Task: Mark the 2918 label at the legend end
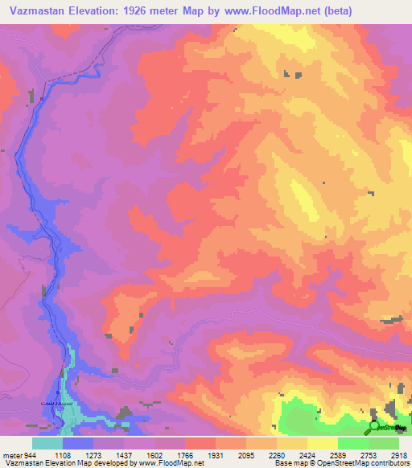point(394,455)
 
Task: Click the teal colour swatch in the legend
point(47,443)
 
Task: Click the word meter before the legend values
point(12,455)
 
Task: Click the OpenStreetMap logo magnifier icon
point(376,427)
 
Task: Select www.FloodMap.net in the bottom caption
point(170,463)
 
